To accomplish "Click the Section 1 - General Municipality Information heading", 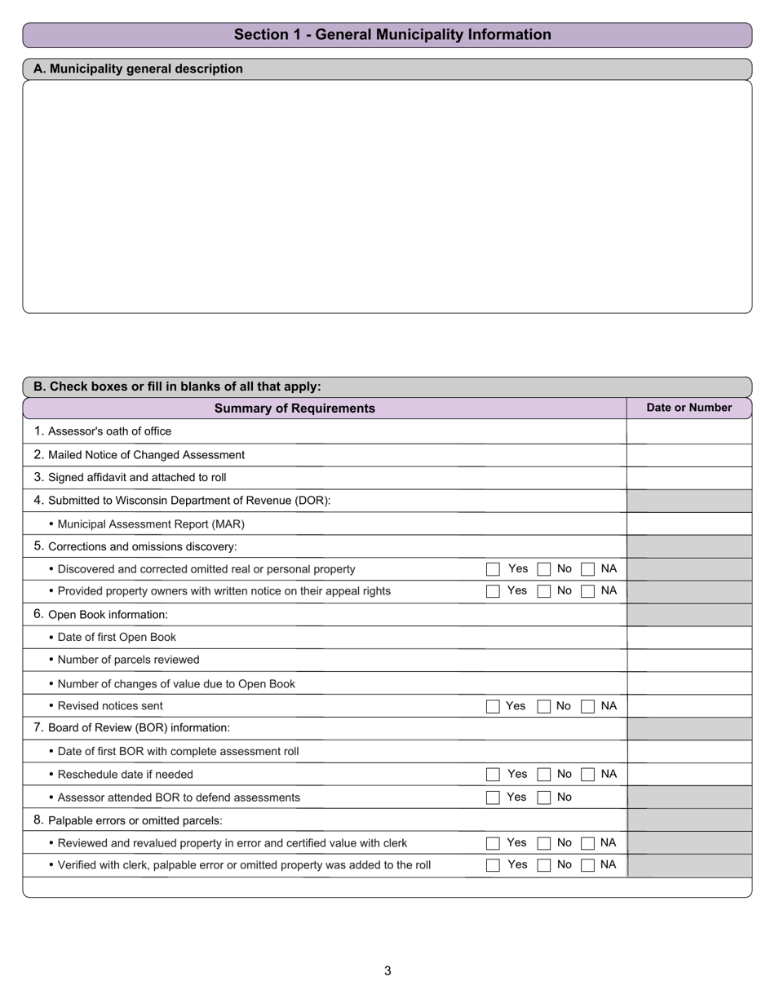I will (392, 35).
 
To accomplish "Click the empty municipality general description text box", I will (387, 196).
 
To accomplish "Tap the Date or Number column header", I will (689, 408).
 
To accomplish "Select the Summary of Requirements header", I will (294, 409).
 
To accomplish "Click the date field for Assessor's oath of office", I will (689, 431).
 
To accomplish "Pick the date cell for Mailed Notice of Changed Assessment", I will (689, 455).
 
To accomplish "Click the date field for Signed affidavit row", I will (689, 478).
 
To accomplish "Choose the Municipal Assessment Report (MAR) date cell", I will (689, 524).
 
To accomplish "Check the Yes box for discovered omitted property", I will (493, 569).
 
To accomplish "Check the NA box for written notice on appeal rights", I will (587, 592).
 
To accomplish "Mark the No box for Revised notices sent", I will (543, 706).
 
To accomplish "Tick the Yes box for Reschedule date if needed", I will (493, 775).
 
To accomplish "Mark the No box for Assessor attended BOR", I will (543, 798).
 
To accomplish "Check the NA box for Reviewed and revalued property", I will (587, 843).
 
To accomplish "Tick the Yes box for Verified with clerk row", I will (493, 865).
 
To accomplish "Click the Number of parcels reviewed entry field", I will (689, 660).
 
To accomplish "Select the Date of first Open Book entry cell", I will (689, 638).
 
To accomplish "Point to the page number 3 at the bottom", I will (387, 970).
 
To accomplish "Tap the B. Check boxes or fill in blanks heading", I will (178, 387).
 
